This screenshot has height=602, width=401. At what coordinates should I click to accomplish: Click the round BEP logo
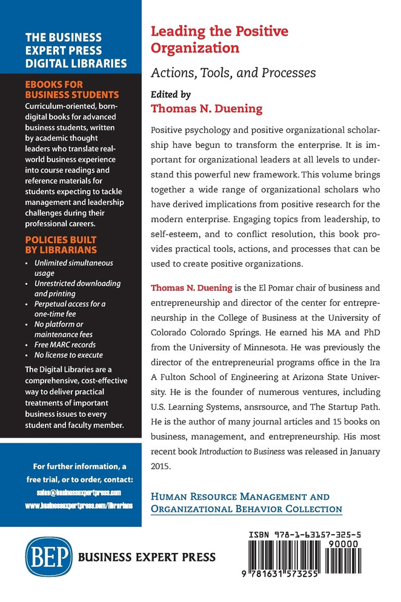point(48,557)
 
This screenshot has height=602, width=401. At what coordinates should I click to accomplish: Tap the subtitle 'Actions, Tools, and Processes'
point(233,73)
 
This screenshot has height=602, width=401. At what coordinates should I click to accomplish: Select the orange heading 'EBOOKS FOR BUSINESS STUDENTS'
point(71,90)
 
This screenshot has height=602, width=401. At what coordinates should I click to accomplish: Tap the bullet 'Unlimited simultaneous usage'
point(73,268)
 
